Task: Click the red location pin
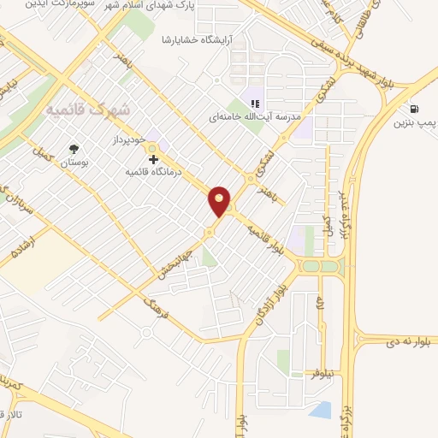click(220, 200)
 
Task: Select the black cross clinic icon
click(153, 159)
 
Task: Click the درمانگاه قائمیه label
click(156, 172)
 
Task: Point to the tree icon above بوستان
click(74, 147)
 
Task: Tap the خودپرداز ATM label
click(129, 137)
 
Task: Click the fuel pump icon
click(416, 109)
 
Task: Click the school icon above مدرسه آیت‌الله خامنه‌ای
click(254, 104)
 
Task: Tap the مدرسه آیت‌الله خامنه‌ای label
click(253, 116)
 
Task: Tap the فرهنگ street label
click(158, 305)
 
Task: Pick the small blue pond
click(320, 410)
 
